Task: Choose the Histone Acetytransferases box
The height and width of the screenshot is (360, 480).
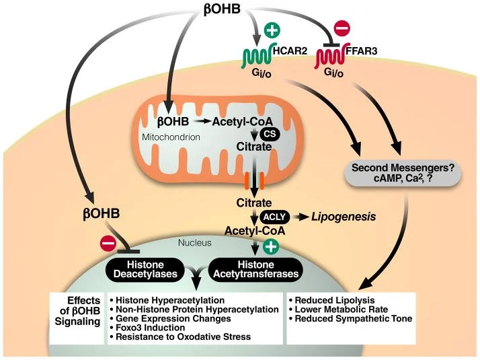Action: (x=255, y=269)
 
